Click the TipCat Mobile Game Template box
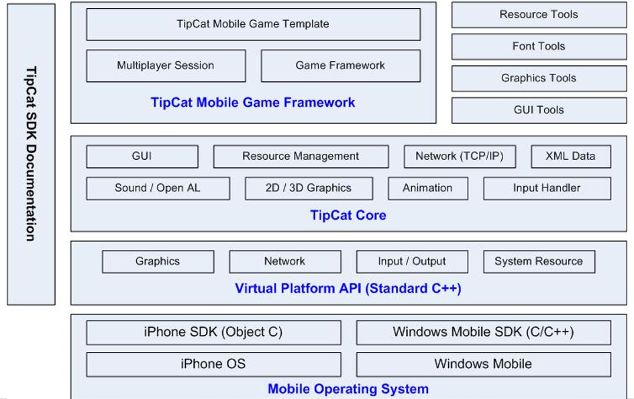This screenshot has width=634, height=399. tap(253, 24)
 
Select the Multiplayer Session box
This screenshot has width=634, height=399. tap(166, 66)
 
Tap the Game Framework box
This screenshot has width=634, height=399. tap(340, 66)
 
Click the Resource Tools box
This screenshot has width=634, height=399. tap(539, 15)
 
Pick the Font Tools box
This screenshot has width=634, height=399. tap(539, 46)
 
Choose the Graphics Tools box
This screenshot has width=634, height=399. tap(539, 78)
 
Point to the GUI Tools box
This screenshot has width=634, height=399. tap(539, 110)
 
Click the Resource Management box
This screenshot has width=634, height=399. tap(301, 157)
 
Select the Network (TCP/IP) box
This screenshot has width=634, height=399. tap(460, 157)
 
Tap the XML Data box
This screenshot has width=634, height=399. tap(570, 157)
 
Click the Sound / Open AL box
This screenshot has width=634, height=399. tap(158, 188)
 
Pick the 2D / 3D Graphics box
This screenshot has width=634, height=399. tap(309, 188)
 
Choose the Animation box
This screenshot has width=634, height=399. tap(428, 188)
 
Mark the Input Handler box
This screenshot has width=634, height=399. tap(547, 188)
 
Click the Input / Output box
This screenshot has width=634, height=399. tap(412, 261)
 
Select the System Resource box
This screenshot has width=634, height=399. tap(539, 261)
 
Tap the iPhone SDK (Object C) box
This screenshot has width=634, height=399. tap(213, 332)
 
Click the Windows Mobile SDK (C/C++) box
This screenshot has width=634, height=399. tap(484, 332)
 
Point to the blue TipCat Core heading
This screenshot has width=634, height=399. tap(348, 215)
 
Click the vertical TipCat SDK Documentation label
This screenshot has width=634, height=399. tap(31, 154)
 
